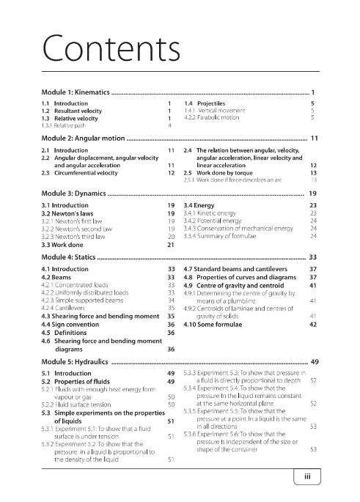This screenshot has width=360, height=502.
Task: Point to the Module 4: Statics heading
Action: point(68,258)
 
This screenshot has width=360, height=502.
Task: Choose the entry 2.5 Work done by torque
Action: point(219,173)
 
